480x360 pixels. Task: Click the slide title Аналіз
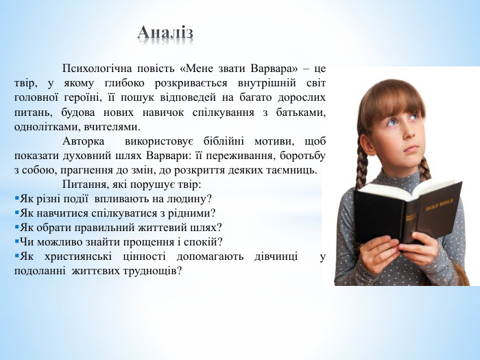pyautogui.click(x=165, y=32)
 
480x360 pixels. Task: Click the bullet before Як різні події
pyautogui.click(x=16, y=199)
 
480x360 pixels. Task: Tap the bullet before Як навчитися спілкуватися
pyautogui.click(x=16, y=213)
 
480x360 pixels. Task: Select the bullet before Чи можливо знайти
pyautogui.click(x=16, y=242)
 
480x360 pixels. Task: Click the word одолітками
pyautogui.click(x=42, y=127)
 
